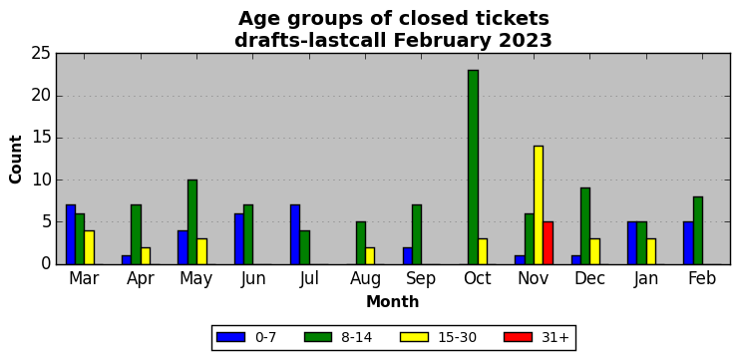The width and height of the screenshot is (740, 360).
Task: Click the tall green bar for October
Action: click(x=473, y=167)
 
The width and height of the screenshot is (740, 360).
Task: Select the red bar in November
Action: click(x=548, y=243)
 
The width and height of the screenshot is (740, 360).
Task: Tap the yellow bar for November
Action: click(x=539, y=205)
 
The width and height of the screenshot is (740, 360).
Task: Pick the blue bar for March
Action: click(x=71, y=234)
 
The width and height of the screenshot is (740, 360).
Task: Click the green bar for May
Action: click(x=192, y=221)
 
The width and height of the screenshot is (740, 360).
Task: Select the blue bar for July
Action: click(x=295, y=234)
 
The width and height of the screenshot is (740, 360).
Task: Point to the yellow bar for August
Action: click(x=370, y=255)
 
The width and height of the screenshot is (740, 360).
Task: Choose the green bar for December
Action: click(x=585, y=226)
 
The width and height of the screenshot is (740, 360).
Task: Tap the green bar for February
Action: click(x=698, y=230)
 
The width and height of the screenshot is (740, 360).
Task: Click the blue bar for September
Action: click(x=408, y=255)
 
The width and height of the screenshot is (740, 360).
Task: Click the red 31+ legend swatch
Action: click(x=518, y=337)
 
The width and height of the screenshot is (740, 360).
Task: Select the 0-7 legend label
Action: click(x=265, y=337)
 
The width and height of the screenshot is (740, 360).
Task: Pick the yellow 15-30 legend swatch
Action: click(x=414, y=337)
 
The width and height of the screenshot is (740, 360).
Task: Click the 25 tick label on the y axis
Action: click(x=41, y=53)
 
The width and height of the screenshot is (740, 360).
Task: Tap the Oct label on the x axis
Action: click(x=478, y=278)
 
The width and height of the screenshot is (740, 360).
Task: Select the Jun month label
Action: click(x=253, y=279)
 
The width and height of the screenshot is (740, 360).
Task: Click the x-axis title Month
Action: click(x=393, y=301)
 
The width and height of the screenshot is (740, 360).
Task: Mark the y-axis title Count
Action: click(x=16, y=159)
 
